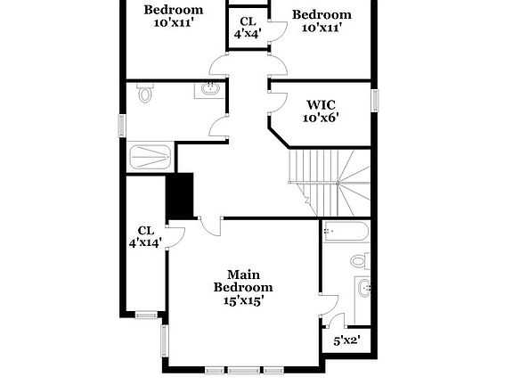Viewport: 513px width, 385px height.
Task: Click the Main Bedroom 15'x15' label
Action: point(243,288)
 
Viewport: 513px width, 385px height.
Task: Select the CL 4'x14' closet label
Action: point(146,236)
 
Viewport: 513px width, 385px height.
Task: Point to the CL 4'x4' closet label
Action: point(247,27)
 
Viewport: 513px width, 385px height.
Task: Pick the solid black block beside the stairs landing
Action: point(181,195)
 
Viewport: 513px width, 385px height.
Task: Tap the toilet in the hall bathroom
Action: point(146,93)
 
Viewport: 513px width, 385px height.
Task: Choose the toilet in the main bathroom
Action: point(358,261)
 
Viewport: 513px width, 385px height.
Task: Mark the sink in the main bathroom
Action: point(362,289)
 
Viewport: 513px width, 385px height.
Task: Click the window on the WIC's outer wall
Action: point(375,101)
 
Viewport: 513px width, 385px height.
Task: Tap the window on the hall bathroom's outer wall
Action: point(123,126)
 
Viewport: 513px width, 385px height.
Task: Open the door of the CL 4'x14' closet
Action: point(175,235)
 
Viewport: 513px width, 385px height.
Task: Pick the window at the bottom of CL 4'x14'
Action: point(145,314)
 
